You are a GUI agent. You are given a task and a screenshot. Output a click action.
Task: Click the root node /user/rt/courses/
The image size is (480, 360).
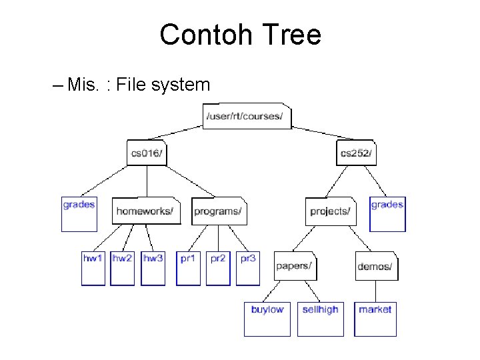tap(247, 117)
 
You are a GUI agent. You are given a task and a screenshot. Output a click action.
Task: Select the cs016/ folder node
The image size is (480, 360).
tap(147, 153)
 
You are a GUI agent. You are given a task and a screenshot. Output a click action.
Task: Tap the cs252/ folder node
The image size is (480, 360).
tap(356, 153)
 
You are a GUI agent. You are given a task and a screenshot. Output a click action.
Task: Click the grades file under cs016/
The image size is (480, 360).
tap(79, 213)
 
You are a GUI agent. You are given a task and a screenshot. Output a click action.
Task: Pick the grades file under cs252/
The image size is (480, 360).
tap(387, 213)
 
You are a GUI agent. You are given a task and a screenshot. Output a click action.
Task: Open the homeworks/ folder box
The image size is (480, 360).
tap(146, 211)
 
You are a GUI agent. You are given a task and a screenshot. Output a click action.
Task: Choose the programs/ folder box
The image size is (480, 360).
tap(219, 211)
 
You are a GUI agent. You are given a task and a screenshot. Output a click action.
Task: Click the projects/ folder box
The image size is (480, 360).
tap(331, 211)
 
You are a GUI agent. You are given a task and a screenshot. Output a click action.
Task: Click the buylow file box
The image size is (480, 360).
tap(267, 319)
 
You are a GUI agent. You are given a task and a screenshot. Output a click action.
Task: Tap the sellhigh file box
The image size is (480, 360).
tap(321, 319)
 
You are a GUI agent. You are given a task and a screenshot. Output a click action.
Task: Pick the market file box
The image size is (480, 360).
tap(375, 319)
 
